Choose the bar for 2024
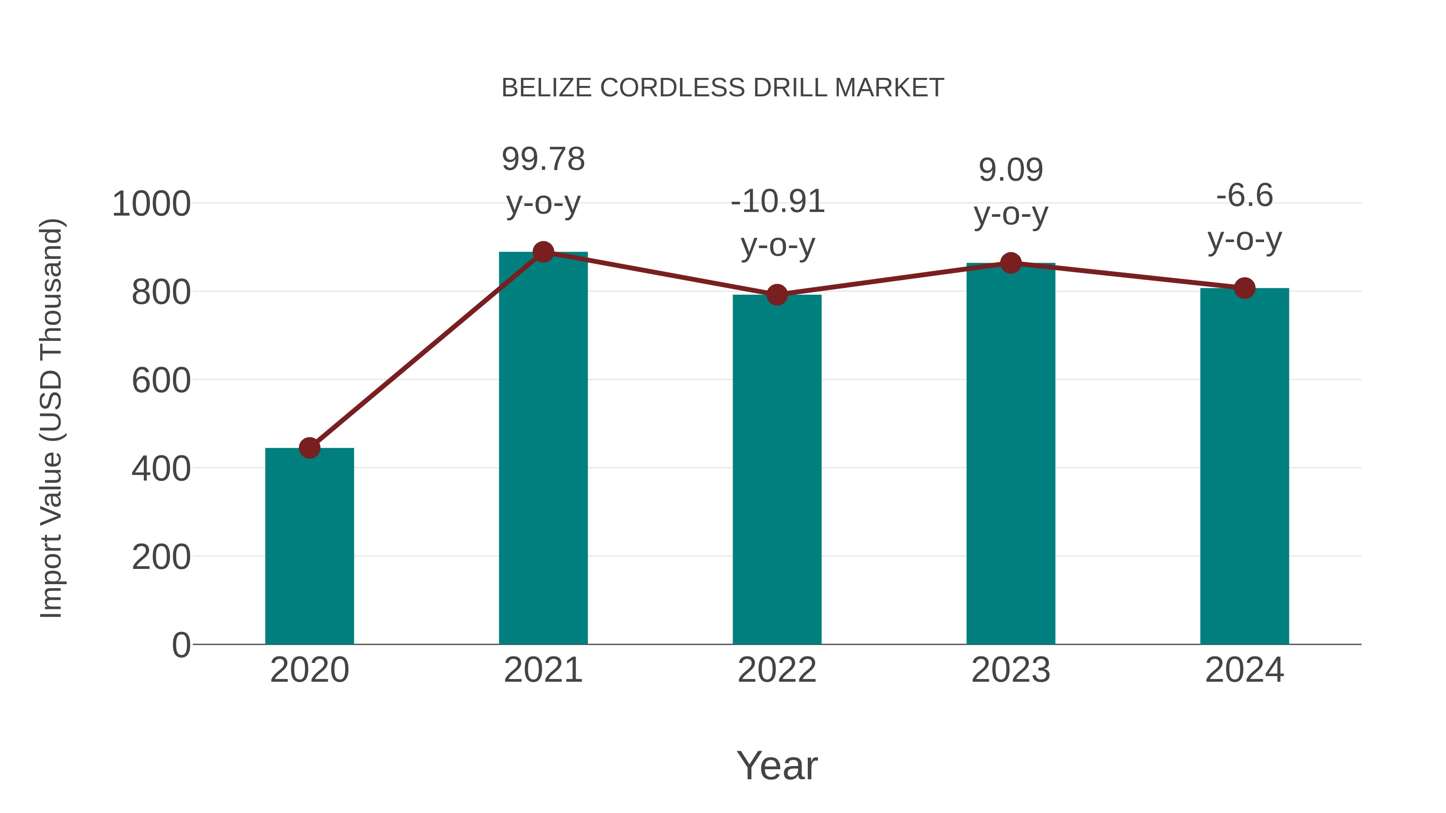[x=1244, y=466]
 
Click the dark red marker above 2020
[x=309, y=448]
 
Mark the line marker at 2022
[x=777, y=295]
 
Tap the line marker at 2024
[x=1244, y=288]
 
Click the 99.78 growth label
[x=543, y=159]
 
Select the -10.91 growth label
[x=777, y=202]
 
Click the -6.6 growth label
[x=1244, y=196]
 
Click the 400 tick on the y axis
[x=161, y=469]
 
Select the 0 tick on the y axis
[x=181, y=645]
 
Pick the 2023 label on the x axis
[x=1011, y=670]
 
